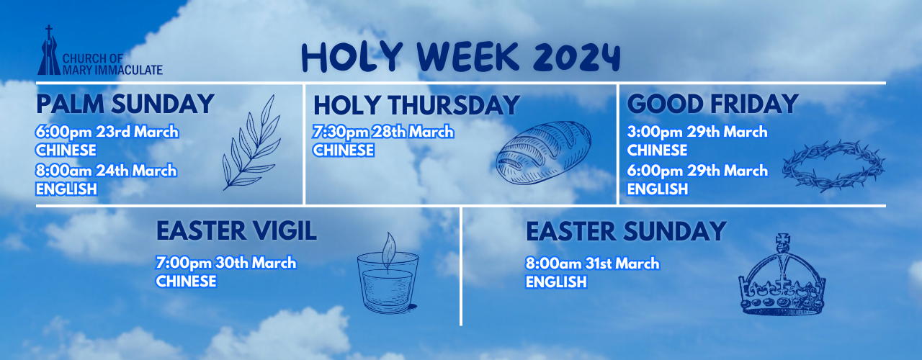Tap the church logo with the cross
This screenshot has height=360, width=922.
tap(49, 50)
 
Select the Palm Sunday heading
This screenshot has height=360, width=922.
tap(125, 104)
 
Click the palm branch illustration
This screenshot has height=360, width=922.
tap(252, 143)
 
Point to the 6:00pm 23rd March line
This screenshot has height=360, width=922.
tap(107, 132)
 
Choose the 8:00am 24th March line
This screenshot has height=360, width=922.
tap(106, 171)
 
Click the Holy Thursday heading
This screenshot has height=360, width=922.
tap(416, 105)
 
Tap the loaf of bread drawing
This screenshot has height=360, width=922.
tap(543, 152)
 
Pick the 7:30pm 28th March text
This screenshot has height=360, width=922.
tap(383, 132)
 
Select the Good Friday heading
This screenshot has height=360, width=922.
tap(712, 104)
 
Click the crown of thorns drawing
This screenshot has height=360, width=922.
tap(833, 166)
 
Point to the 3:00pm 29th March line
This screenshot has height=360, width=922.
tap(697, 132)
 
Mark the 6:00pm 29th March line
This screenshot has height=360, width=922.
tap(697, 171)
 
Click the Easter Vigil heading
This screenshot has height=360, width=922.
tap(237, 231)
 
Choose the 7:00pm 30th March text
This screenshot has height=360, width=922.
tap(226, 263)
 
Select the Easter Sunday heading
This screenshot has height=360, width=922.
tap(626, 231)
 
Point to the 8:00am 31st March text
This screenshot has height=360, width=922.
tap(593, 264)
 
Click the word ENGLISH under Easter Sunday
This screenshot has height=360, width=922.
tap(556, 282)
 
